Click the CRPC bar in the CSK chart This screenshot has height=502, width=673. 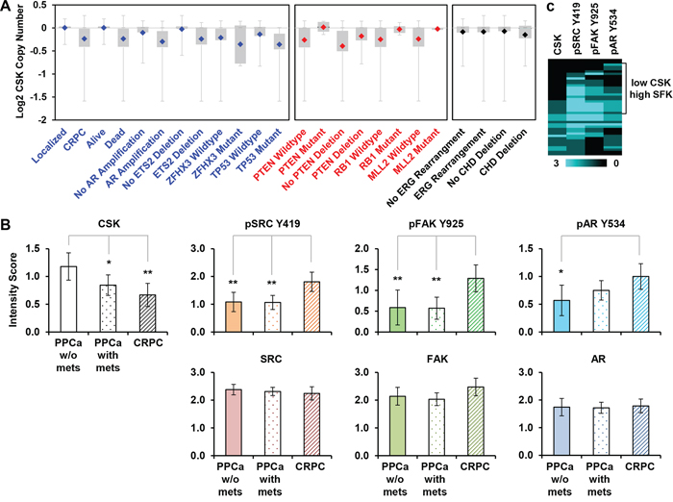[147, 314]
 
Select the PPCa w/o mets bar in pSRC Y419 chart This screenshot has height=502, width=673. [233, 317]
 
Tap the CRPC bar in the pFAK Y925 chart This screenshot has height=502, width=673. [476, 305]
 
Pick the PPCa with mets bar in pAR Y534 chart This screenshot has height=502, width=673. [601, 311]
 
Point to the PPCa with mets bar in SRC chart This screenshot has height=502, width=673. [272, 423]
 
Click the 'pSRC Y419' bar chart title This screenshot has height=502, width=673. [272, 224]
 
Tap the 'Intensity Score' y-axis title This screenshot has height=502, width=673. [12, 289]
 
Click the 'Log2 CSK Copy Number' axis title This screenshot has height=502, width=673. [19, 62]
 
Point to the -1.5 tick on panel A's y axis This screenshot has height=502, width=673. [40, 97]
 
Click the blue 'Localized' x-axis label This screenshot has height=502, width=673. [49, 145]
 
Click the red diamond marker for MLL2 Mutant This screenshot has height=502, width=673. [437, 29]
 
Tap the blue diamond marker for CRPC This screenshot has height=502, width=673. [85, 38]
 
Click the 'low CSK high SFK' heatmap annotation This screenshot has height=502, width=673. [651, 88]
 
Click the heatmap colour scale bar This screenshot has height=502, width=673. [586, 163]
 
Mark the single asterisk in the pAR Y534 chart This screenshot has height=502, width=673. [561, 272]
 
